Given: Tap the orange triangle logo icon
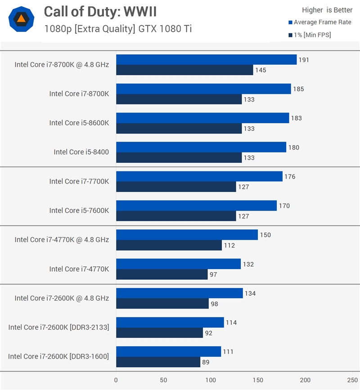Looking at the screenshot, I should click(x=21, y=18).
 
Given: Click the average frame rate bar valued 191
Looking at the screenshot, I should click(x=206, y=60).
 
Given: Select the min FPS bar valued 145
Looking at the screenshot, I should click(x=184, y=70).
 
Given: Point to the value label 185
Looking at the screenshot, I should click(x=298, y=89).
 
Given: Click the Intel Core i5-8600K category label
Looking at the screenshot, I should click(x=79, y=123).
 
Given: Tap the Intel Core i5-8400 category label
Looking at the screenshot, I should click(x=81, y=152).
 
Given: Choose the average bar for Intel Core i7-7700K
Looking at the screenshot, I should click(x=199, y=176).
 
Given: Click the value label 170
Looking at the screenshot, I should click(x=284, y=206).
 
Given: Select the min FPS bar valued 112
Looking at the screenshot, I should click(x=169, y=245).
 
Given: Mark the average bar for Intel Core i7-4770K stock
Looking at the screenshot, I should click(x=178, y=264).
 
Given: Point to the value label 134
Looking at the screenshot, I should click(x=250, y=294).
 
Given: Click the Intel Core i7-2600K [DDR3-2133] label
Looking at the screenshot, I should click(x=58, y=327).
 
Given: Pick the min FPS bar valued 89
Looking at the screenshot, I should click(x=158, y=362).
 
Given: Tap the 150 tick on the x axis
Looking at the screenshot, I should click(x=258, y=380).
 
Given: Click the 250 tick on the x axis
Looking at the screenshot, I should click(x=352, y=380).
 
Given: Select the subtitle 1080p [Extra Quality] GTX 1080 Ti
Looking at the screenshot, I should click(x=118, y=29).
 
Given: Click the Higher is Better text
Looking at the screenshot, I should click(x=327, y=10).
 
